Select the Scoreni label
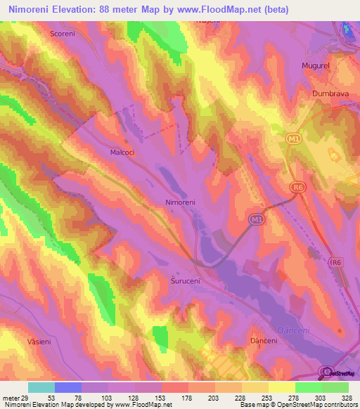[x=63, y=33]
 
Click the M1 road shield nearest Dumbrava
[x=295, y=141]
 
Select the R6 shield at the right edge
[x=335, y=261]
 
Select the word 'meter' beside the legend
[x=11, y=397]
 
